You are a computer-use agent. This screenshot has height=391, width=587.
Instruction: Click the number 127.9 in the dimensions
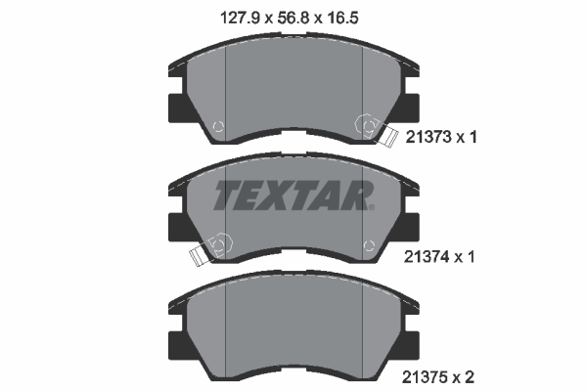coord(243,17)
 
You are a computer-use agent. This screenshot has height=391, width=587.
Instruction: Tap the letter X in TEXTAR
coord(284,195)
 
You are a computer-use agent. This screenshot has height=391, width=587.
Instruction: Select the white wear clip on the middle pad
coord(200,256)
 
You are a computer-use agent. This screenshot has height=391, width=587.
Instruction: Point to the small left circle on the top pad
coord(218,125)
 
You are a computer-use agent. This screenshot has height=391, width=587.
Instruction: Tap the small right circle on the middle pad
coord(368,244)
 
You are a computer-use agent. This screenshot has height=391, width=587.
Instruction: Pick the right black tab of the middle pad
coord(409,226)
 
